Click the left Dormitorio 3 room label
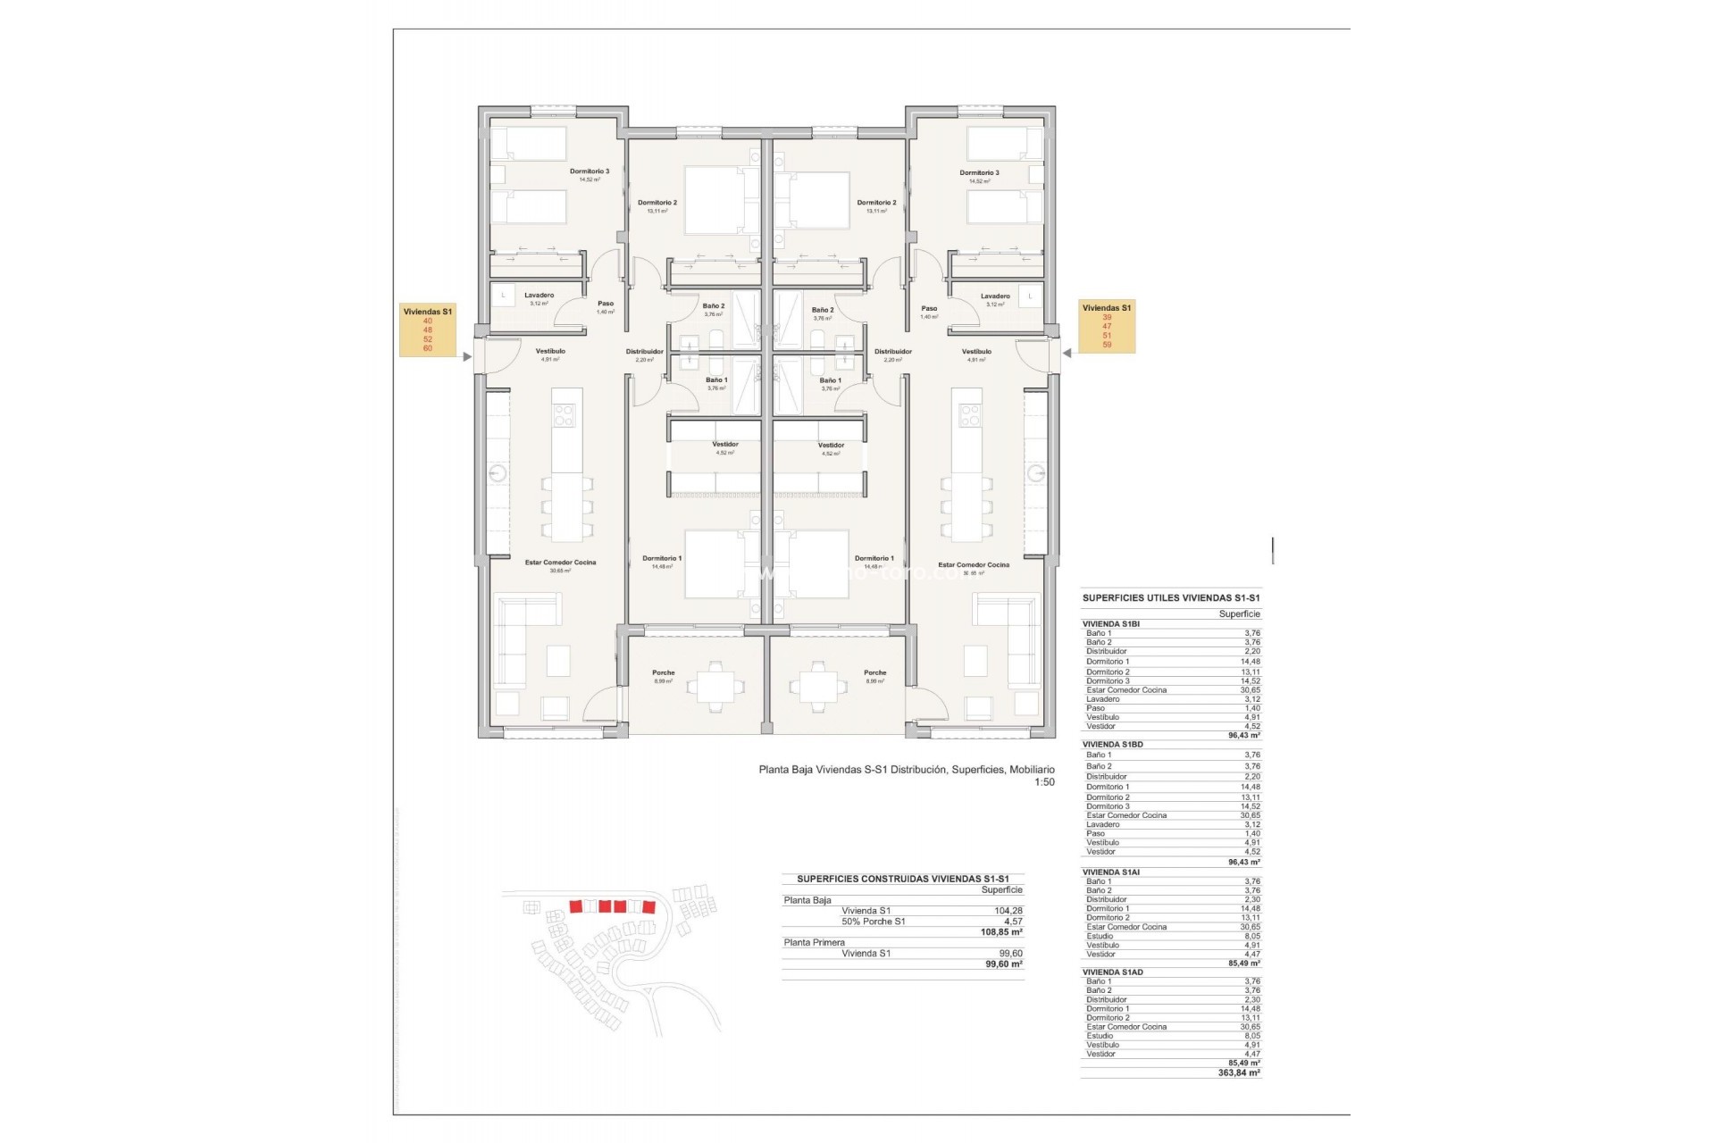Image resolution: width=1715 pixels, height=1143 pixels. point(590,171)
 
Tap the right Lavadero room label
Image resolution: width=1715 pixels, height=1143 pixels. point(994,296)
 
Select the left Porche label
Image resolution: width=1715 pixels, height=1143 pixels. point(663,673)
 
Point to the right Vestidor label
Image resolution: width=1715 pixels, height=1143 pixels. point(831,446)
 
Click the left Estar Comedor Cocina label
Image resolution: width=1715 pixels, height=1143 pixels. point(560,563)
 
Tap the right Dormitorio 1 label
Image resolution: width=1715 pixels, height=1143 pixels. point(873,559)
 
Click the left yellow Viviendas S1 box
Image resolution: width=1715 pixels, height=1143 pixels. point(428,330)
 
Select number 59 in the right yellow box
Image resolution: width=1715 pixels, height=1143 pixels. point(1107,345)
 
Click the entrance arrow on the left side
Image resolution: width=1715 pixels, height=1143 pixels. point(467,356)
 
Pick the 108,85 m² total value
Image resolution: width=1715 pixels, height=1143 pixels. point(1001,931)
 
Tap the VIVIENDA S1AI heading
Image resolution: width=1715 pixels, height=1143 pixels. point(1111,872)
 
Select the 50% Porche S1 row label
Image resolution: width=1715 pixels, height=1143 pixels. point(873,921)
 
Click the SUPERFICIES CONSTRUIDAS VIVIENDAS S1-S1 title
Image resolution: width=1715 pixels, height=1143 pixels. point(902,879)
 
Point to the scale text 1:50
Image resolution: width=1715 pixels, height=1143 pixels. point(1044,782)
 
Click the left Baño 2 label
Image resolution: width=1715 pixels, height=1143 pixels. point(713,306)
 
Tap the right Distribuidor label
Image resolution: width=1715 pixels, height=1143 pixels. point(892,352)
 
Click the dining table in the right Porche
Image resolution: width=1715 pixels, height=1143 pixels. point(814,685)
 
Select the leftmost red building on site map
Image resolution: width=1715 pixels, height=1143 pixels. point(575,906)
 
